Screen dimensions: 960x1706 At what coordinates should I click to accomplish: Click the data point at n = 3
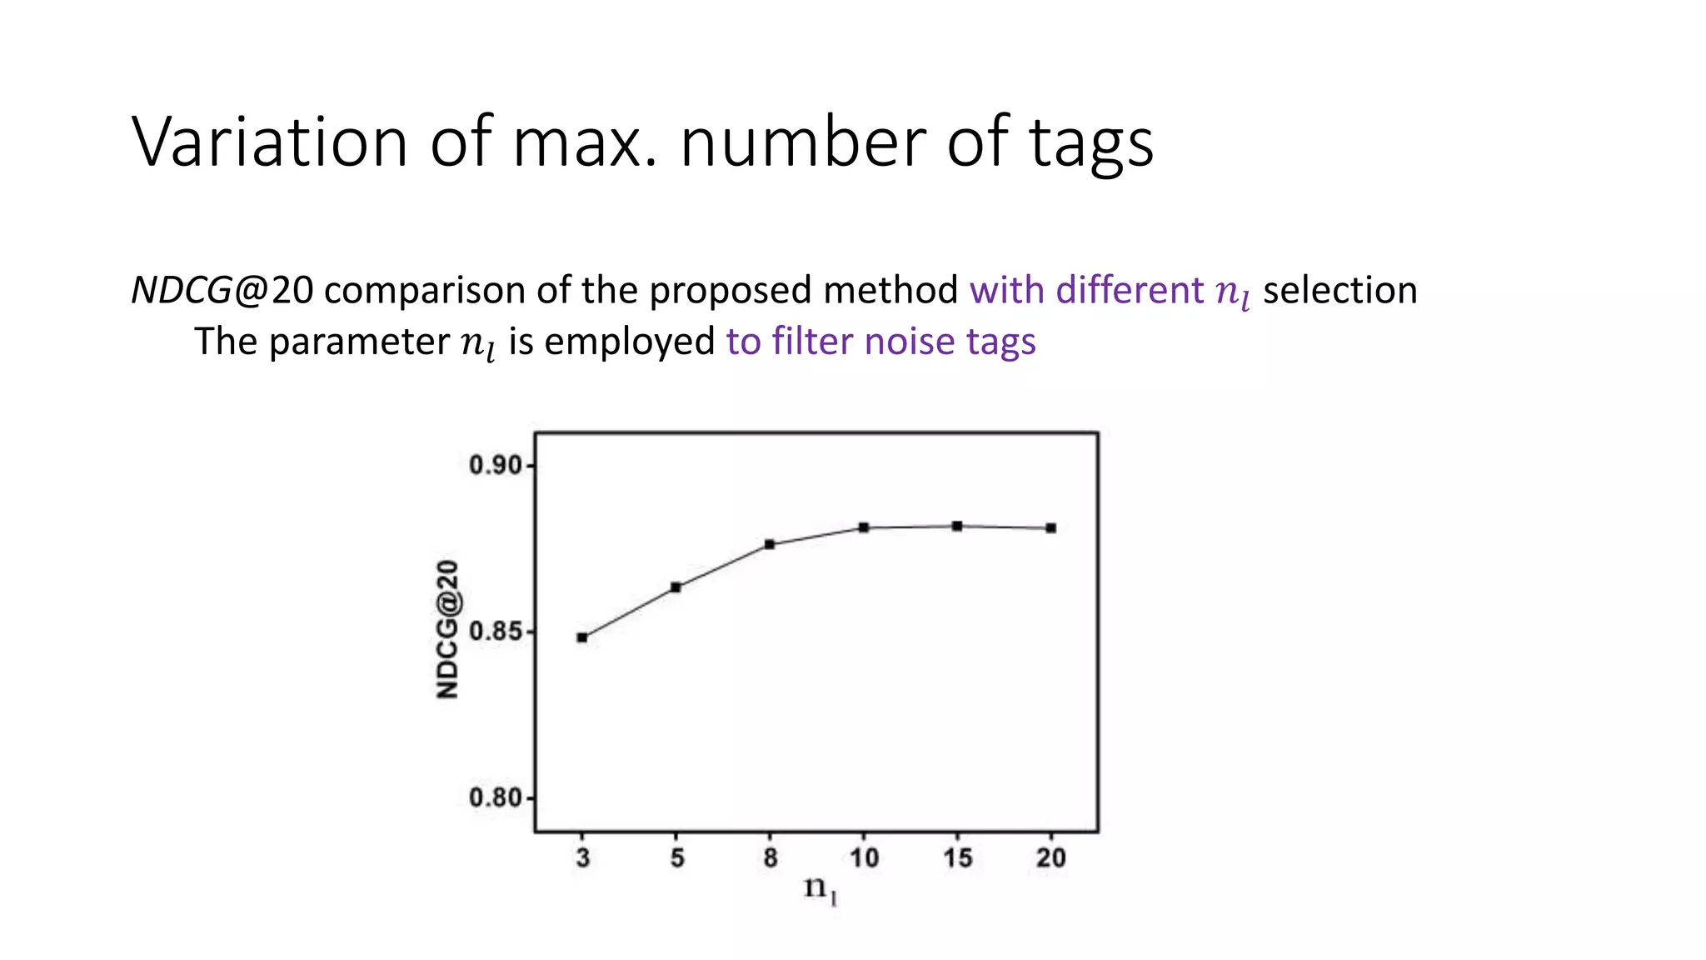(582, 637)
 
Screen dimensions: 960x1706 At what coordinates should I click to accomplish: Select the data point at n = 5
(676, 587)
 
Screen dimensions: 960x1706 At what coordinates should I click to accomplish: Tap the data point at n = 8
(770, 544)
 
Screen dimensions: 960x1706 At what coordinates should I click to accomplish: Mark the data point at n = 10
(864, 527)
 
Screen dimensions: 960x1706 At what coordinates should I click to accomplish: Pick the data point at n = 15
(957, 526)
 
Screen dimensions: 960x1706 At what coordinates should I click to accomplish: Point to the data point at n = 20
(1051, 527)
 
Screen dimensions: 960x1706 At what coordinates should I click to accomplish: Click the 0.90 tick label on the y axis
(496, 465)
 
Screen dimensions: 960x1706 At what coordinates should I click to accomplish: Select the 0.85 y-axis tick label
(496, 632)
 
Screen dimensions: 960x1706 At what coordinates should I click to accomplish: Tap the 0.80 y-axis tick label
(496, 798)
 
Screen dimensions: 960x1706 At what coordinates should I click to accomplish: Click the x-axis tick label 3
(583, 857)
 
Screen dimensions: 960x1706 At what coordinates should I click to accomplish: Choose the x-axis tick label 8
(771, 857)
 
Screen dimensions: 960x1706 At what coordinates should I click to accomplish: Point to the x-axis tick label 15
(958, 857)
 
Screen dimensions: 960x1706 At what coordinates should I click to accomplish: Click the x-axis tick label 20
(1051, 857)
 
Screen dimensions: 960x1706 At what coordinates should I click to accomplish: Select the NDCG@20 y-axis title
(447, 629)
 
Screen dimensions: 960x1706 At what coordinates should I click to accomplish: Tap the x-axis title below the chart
(820, 889)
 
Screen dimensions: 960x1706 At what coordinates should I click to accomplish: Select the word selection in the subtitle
(1339, 291)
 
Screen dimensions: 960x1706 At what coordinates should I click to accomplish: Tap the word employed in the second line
(629, 342)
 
